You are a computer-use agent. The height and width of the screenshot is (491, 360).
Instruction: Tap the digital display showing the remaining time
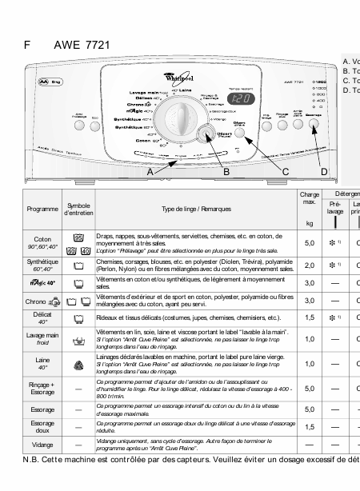(x=243, y=99)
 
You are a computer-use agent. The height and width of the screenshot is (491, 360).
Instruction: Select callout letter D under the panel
(x=323, y=171)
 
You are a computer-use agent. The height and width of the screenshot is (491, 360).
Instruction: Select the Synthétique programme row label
(x=42, y=265)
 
